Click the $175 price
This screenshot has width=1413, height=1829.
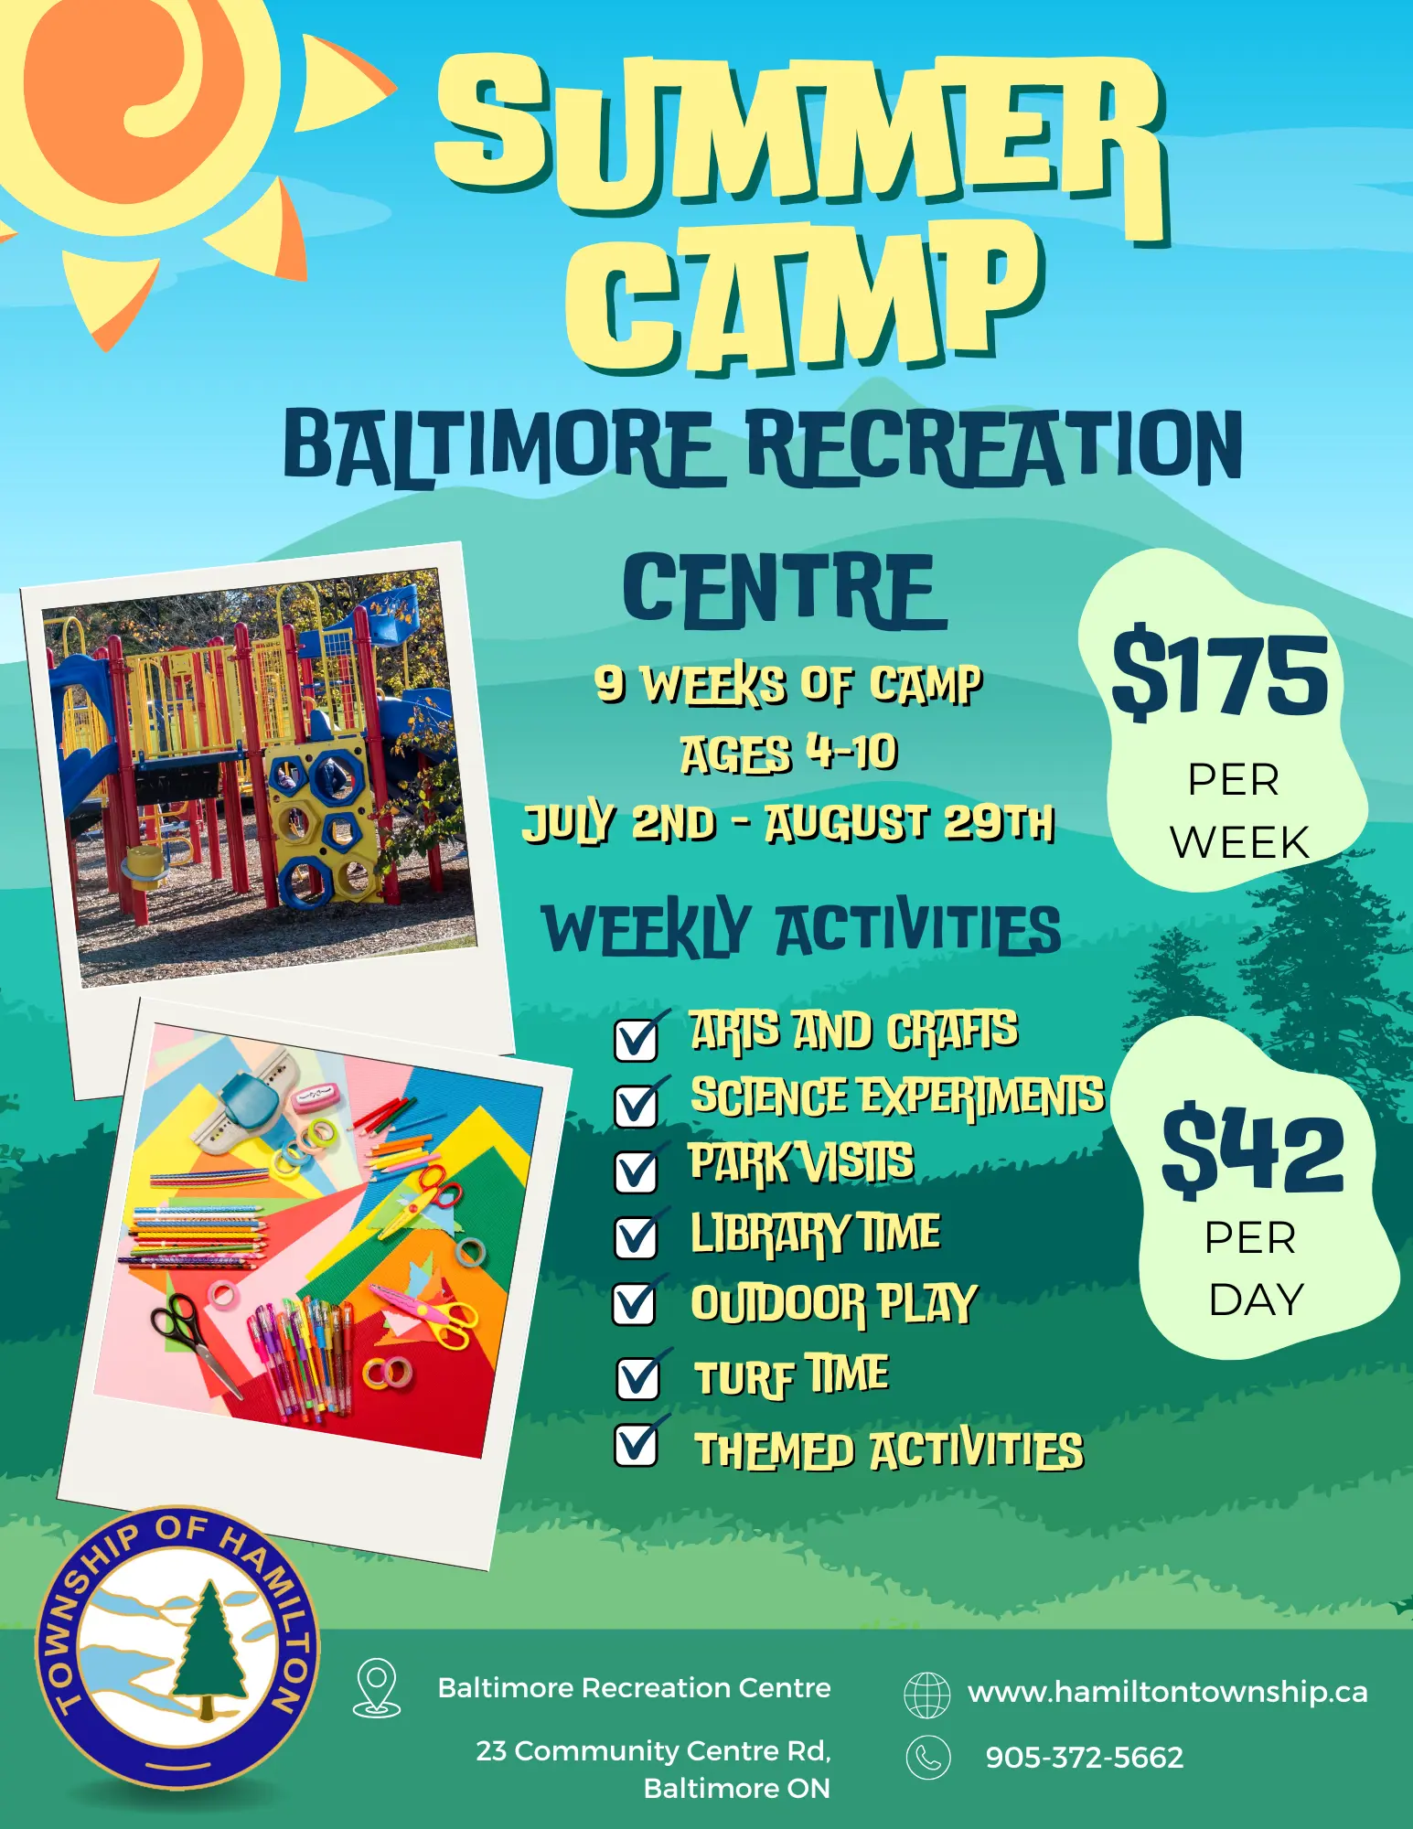[x=1220, y=675]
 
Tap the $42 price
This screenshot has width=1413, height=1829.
[x=1253, y=1150]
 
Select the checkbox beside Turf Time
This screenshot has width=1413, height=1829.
[x=638, y=1377]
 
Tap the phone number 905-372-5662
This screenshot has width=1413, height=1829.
[x=1085, y=1757]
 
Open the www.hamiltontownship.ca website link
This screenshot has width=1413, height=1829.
[x=1168, y=1692]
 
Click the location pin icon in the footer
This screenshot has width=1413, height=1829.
[x=377, y=1688]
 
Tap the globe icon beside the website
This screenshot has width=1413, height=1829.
[x=927, y=1695]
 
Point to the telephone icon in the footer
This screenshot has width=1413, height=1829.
[x=928, y=1758]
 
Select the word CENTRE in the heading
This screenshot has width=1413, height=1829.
[x=785, y=592]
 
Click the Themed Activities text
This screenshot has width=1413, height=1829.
[x=889, y=1450]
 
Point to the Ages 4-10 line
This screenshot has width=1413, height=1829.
[x=789, y=754]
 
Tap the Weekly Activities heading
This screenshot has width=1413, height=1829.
[x=801, y=930]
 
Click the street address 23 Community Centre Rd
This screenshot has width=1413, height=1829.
[x=653, y=1750]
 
